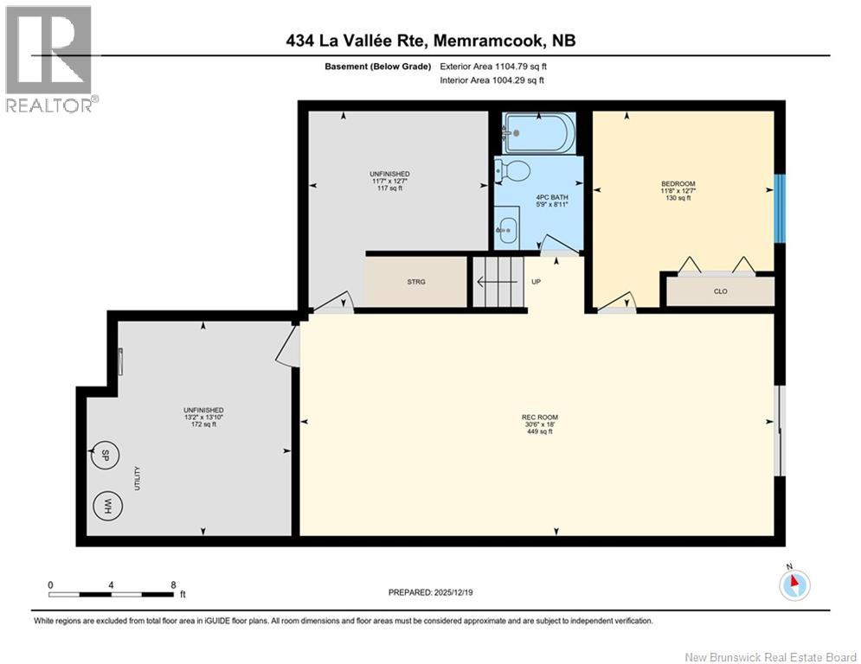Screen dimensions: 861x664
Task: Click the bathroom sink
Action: point(509,230)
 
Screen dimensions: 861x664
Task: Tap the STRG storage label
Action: point(416,283)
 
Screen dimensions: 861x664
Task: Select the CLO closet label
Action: point(720,291)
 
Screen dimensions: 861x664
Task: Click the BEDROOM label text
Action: point(678,183)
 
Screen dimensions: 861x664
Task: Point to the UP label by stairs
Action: point(536,282)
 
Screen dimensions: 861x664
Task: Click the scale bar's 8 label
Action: point(173,584)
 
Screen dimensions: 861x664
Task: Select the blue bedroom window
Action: point(778,208)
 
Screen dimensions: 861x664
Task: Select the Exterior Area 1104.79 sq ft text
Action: point(493,66)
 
